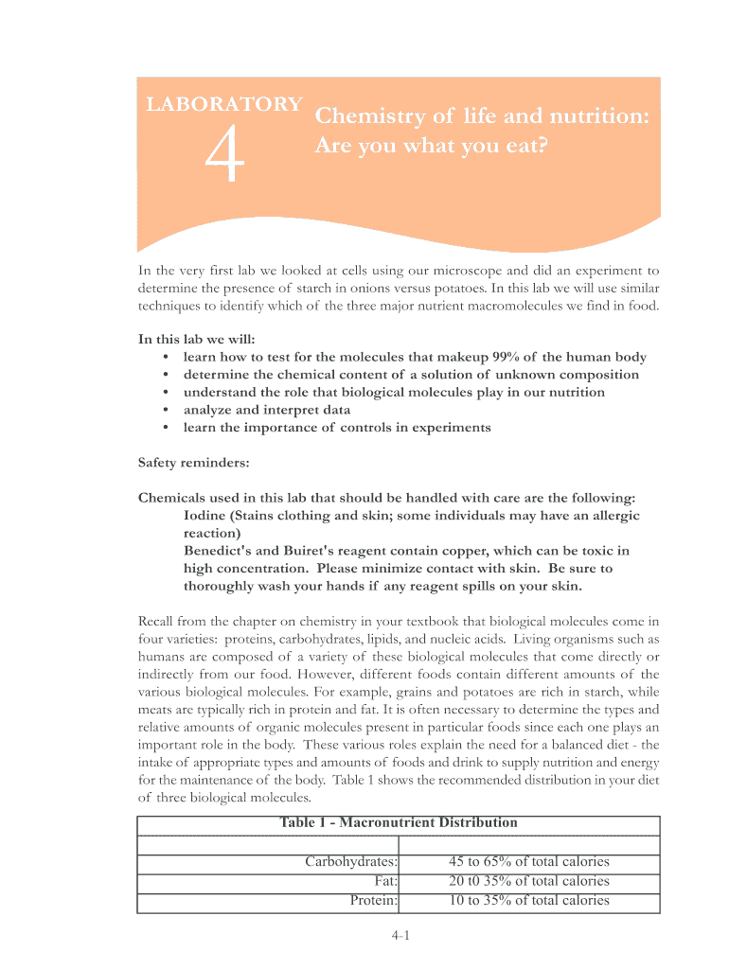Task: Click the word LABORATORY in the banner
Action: tap(224, 105)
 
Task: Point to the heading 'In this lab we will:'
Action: tap(197, 339)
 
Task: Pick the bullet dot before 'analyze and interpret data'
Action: tap(166, 410)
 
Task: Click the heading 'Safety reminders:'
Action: tap(194, 463)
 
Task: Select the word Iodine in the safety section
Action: tap(207, 516)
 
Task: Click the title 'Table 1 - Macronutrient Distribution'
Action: tap(399, 822)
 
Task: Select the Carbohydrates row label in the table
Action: tap(350, 862)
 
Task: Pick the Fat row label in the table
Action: tap(385, 881)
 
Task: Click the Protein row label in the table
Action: tap(373, 900)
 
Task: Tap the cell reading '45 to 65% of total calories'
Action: tap(528, 862)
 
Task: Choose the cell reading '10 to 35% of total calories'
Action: tap(528, 900)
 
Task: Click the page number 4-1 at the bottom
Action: tap(399, 937)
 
